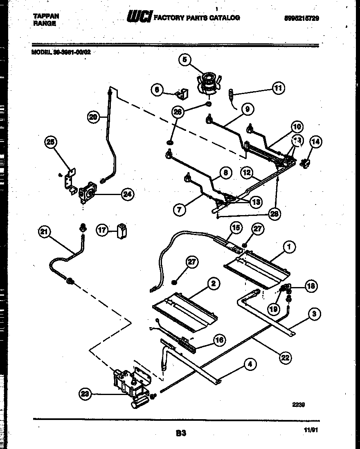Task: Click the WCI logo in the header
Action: (x=139, y=17)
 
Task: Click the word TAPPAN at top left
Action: (x=45, y=16)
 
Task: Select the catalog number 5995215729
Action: (x=301, y=18)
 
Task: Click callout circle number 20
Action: (x=93, y=117)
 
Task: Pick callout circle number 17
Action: (x=102, y=230)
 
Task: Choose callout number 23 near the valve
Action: (x=85, y=394)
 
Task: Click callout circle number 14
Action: (x=315, y=142)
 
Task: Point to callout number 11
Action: (x=278, y=88)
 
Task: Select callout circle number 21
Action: (x=44, y=232)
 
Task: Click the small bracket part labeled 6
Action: (x=181, y=94)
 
